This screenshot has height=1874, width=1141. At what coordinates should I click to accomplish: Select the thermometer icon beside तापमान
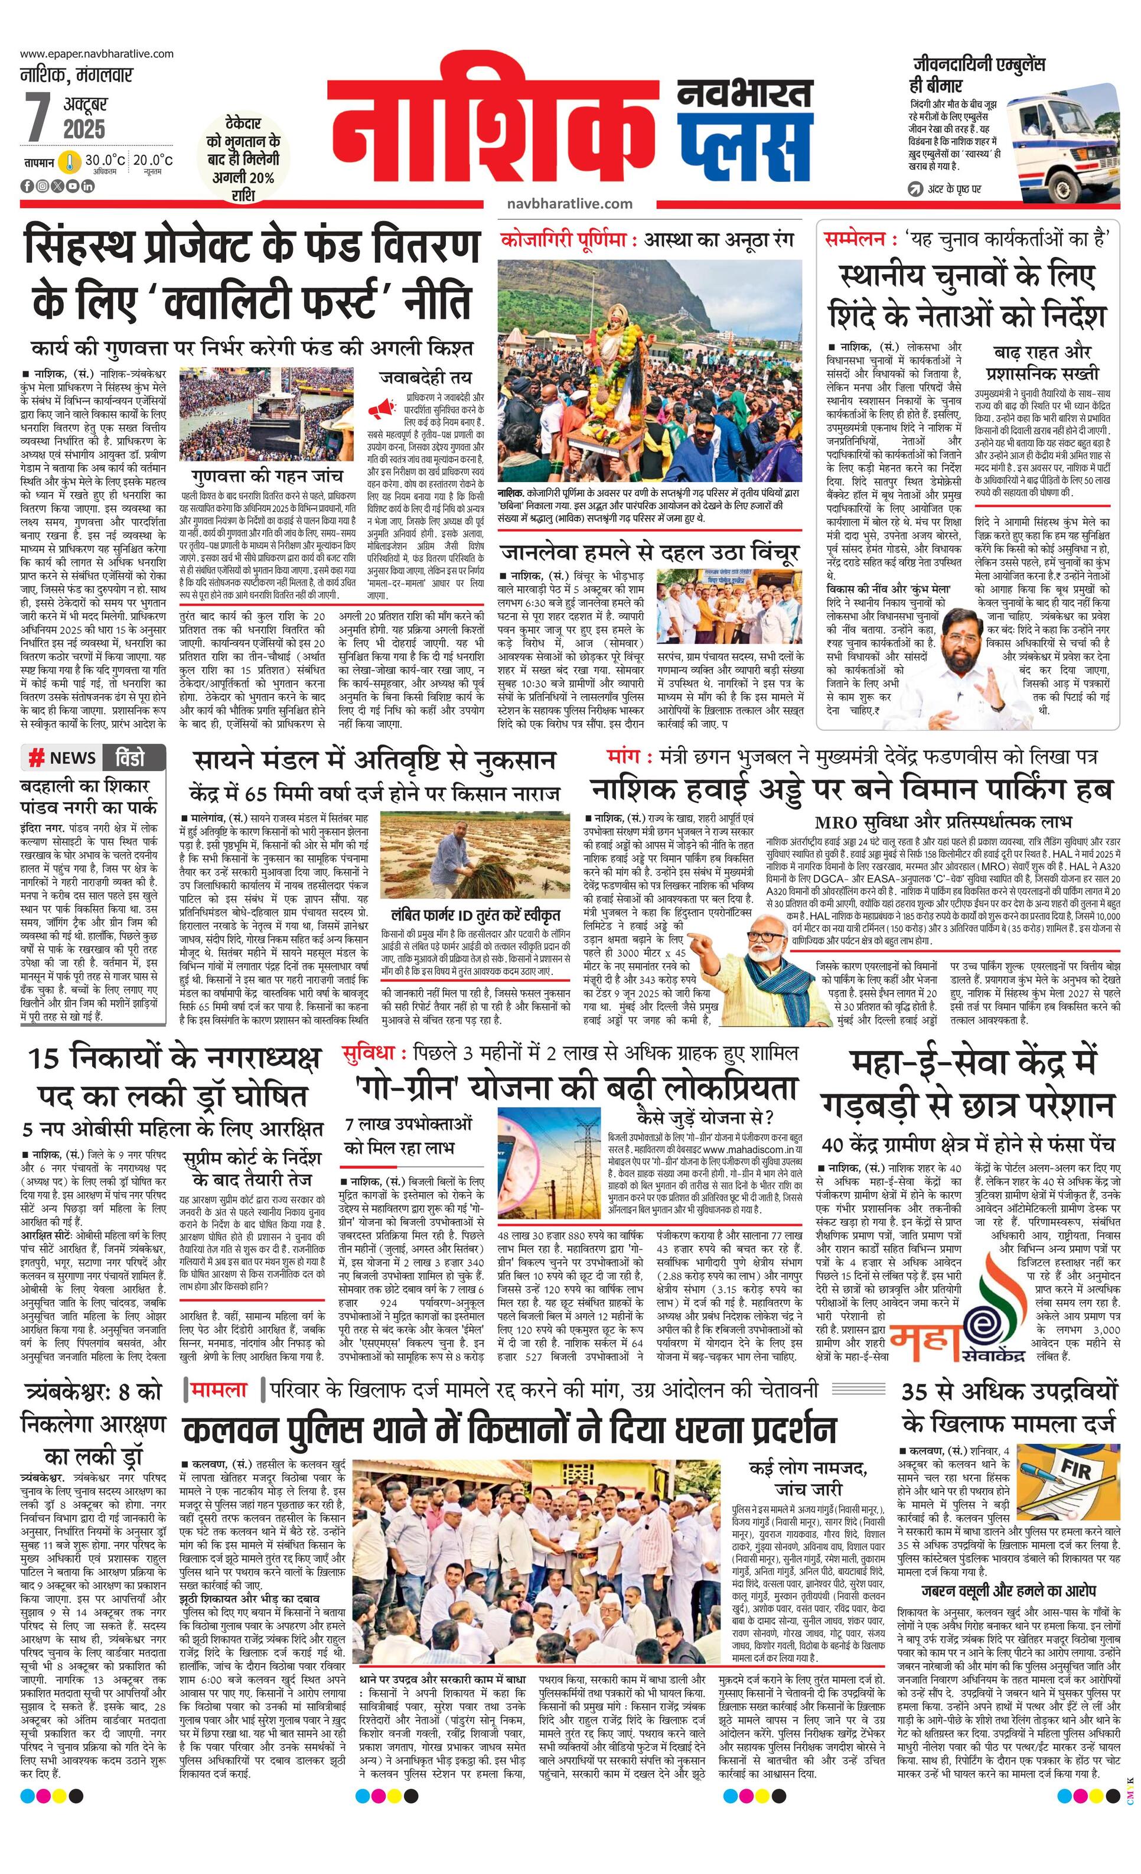pos(71,162)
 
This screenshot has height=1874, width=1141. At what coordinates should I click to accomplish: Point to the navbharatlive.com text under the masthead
pos(569,204)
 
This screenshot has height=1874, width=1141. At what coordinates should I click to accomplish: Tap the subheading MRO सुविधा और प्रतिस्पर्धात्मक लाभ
pos(942,822)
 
